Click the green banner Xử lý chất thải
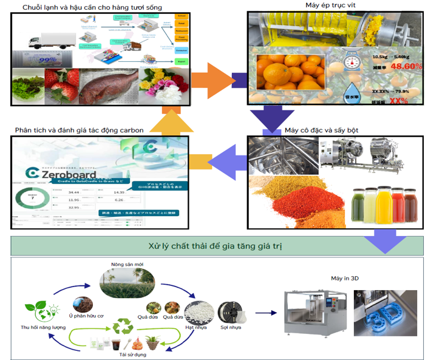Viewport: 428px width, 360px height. pyautogui.click(x=218, y=246)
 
